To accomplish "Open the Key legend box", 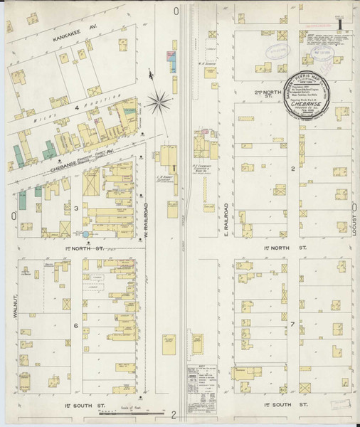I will pyautogui.click(x=206, y=377).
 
